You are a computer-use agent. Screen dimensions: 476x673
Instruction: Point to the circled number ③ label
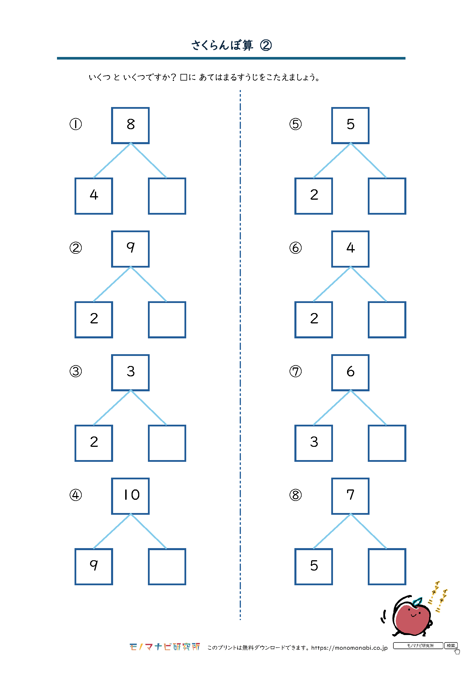pyautogui.click(x=76, y=371)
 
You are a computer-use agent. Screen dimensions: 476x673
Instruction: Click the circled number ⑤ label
pyautogui.click(x=296, y=124)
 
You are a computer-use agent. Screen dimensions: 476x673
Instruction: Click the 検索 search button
pyautogui.click(x=451, y=645)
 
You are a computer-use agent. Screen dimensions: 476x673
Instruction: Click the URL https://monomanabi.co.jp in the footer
pyautogui.click(x=349, y=648)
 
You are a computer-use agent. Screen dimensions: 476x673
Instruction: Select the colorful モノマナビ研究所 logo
pyautogui.click(x=165, y=647)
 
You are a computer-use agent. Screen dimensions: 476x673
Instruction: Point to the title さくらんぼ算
pyautogui.click(x=222, y=45)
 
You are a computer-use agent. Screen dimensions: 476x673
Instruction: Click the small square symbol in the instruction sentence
pyautogui.click(x=184, y=77)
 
